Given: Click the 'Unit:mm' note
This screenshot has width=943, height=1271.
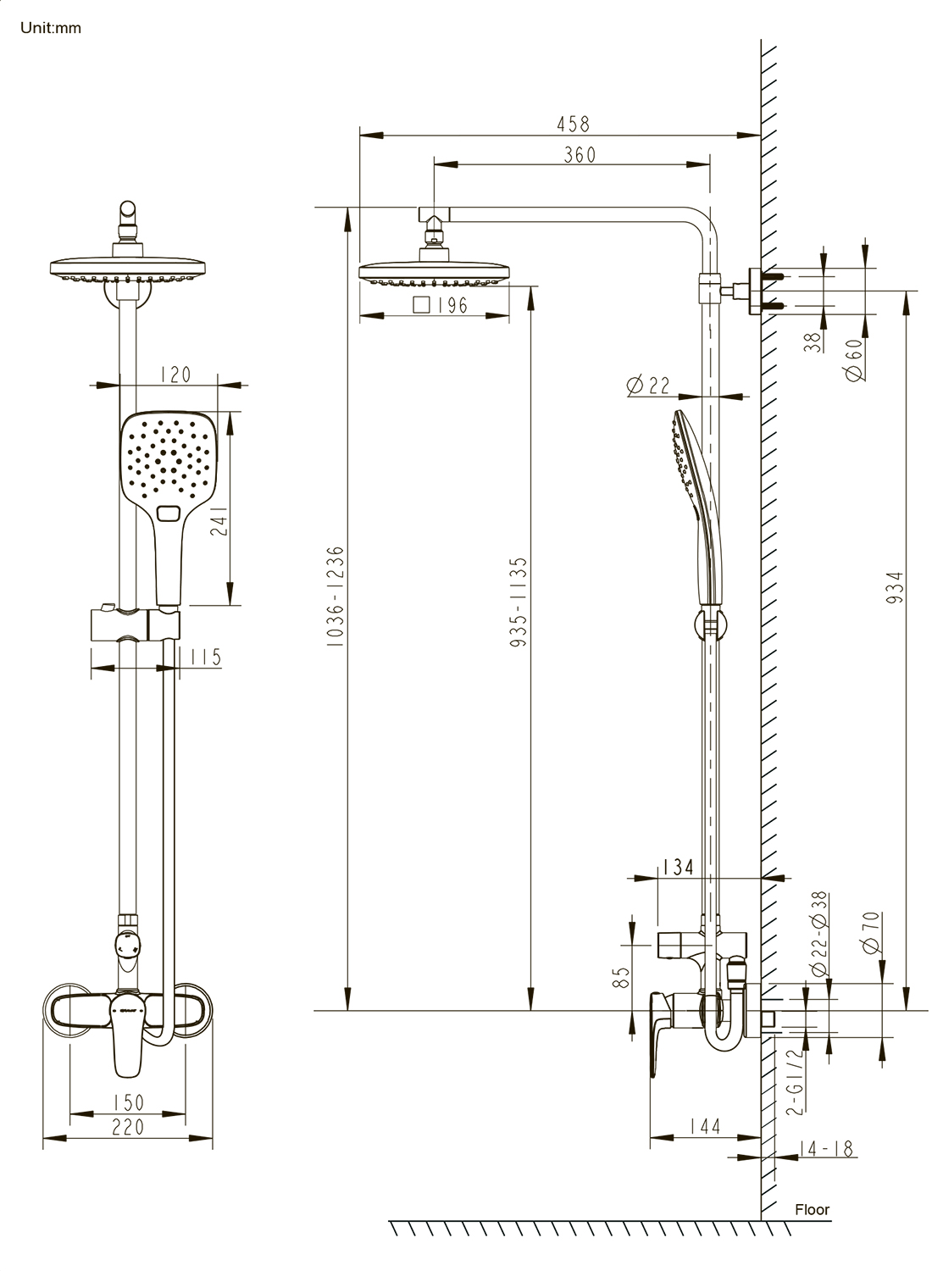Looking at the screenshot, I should point(51,28).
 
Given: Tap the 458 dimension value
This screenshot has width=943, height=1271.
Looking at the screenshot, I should point(573,124).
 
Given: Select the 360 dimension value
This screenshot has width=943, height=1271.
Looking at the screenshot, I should point(580,154).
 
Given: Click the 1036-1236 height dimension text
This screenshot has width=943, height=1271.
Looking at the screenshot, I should point(336,597).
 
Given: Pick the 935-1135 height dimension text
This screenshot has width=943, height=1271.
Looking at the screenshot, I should point(519,602).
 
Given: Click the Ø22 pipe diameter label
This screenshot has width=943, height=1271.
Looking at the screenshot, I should point(648,386).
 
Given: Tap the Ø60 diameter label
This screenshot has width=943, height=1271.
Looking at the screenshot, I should point(856,362).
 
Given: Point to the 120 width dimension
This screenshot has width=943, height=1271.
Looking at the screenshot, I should point(175,375).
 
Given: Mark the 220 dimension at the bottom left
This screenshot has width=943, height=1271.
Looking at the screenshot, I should point(127,1127).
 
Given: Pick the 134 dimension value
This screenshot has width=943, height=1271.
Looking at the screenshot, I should point(678,867).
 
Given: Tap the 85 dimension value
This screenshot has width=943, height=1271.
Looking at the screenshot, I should point(622,979).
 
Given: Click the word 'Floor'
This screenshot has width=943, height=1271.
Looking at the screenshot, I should point(812,1209).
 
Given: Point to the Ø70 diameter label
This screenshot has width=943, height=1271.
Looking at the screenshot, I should point(872,932).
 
